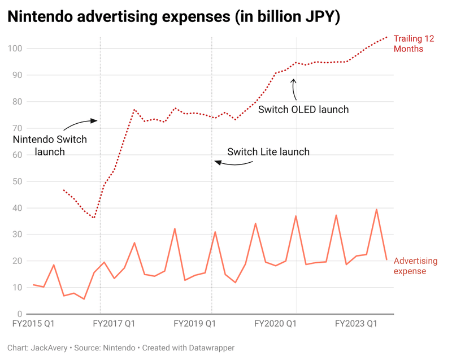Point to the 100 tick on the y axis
coord(15,49)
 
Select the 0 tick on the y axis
coord(19,314)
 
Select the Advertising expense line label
coord(415,266)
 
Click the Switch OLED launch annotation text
coord(303,110)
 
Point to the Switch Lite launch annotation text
coord(268,152)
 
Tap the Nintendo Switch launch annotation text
coord(50,145)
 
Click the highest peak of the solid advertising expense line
coord(376,209)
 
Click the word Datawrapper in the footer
coord(210,348)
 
